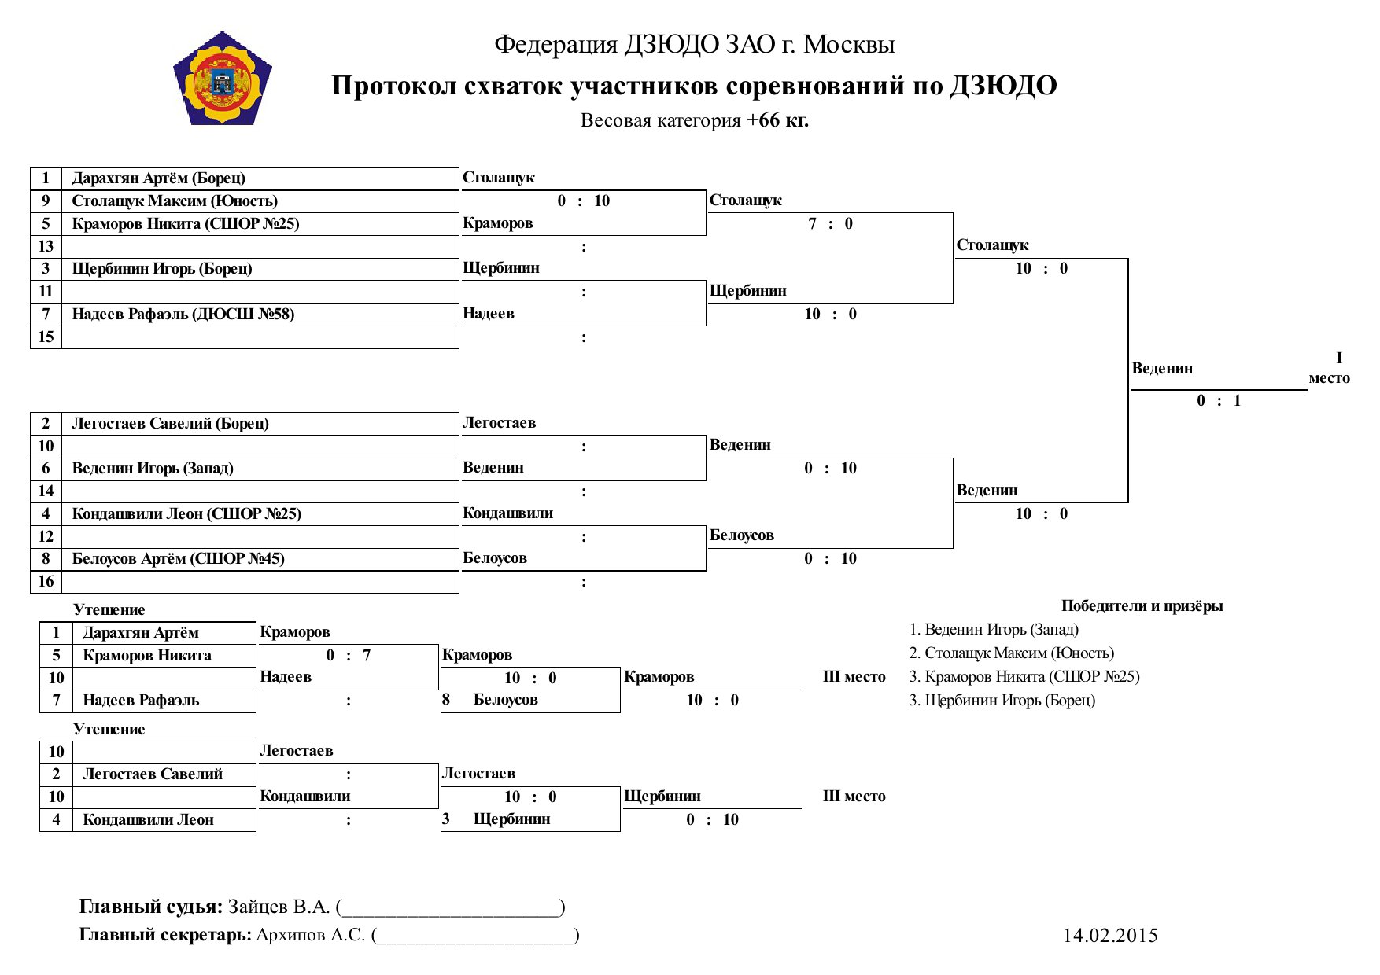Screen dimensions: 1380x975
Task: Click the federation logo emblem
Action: [x=223, y=78]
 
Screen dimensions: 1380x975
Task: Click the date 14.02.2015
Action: [x=1110, y=935]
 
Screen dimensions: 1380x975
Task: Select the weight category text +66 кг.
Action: [x=777, y=120]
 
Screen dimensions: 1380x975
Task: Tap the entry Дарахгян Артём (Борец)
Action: [x=158, y=178]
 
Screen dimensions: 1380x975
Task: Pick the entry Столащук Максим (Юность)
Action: [x=175, y=201]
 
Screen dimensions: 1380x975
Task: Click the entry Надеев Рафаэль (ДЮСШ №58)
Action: [x=183, y=315]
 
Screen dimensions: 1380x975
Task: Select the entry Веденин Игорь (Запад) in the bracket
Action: [x=153, y=469]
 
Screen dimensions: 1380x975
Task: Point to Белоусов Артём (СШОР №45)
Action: [x=178, y=559]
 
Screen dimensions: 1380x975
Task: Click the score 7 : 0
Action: [x=830, y=223]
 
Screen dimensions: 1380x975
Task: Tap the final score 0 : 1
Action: [x=1219, y=400]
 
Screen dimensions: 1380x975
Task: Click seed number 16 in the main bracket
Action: [x=46, y=582]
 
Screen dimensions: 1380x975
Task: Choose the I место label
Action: [x=1330, y=368]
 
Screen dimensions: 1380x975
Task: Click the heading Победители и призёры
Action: [x=1142, y=605]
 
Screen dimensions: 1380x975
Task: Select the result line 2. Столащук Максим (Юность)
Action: [x=1012, y=653]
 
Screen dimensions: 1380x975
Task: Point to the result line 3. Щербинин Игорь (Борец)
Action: [x=1002, y=701]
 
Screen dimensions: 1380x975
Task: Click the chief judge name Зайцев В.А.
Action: [x=279, y=907]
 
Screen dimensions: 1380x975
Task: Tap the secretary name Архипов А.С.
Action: [x=311, y=935]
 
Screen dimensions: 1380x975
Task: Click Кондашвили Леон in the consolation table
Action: [x=148, y=820]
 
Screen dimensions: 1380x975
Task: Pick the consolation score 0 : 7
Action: [x=349, y=656]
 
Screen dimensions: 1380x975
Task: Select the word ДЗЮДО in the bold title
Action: [x=1003, y=85]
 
